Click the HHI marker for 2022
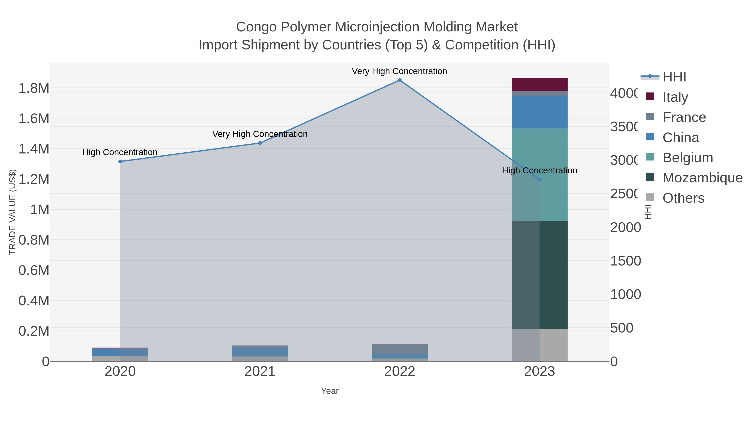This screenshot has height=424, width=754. click(400, 80)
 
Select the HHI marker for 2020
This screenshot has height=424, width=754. click(120, 161)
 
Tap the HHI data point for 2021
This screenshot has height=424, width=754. click(260, 143)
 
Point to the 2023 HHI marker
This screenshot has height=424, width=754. click(540, 179)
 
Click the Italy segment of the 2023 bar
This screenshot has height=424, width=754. click(540, 84)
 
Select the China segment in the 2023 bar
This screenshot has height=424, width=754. click(540, 112)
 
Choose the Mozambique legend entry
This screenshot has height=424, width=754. click(702, 178)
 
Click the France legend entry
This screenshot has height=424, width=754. click(684, 117)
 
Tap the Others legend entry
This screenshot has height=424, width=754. click(683, 198)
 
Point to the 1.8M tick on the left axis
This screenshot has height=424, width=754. click(34, 88)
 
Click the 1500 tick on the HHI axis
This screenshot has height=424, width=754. click(625, 261)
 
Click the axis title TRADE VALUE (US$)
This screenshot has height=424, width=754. click(12, 212)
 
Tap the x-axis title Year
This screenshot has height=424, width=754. click(330, 391)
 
